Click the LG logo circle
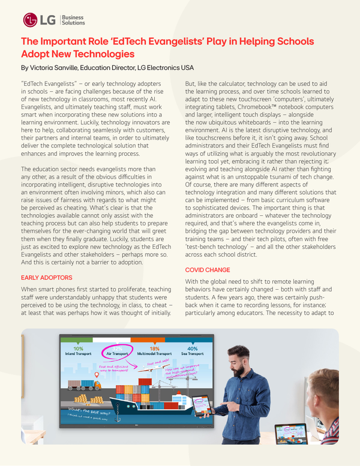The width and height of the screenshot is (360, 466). coord(30,20)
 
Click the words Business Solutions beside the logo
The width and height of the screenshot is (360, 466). coord(73,20)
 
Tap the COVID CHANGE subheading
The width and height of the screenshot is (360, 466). coord(208,270)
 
